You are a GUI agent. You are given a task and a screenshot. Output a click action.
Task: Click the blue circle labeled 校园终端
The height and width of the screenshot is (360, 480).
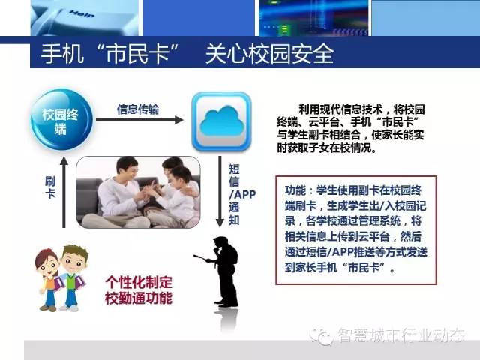point(61,120)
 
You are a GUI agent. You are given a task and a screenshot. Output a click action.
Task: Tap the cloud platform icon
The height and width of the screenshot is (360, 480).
point(221,121)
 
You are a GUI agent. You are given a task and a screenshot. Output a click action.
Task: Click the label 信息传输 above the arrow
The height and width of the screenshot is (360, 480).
point(138,109)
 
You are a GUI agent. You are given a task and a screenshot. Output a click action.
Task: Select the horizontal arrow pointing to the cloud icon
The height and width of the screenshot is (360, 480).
point(139,120)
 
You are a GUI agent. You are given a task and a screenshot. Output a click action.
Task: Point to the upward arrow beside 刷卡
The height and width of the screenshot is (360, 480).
point(64,192)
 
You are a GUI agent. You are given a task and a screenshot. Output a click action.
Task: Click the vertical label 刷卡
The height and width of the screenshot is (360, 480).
point(50,187)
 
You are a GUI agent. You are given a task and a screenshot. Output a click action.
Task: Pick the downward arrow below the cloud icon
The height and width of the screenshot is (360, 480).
point(220,192)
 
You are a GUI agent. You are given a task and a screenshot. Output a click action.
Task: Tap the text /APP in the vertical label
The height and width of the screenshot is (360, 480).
point(242,194)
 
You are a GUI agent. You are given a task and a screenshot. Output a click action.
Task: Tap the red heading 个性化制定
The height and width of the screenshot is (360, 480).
point(139,282)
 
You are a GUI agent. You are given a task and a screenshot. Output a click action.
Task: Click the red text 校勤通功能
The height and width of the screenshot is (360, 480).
point(139,298)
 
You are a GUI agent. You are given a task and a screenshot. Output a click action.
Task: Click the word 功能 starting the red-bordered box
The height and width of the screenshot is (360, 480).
point(295,190)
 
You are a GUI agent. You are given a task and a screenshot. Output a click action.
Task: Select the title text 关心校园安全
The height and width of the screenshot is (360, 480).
point(269,54)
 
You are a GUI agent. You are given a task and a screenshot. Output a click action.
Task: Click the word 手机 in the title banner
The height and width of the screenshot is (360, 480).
point(62,54)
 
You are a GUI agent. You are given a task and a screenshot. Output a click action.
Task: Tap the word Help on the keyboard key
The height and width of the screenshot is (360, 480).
point(82,13)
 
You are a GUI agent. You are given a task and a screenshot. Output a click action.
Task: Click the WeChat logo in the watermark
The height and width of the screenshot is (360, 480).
point(321,337)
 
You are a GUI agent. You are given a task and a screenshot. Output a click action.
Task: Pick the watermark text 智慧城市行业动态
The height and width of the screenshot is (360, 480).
point(401,335)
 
